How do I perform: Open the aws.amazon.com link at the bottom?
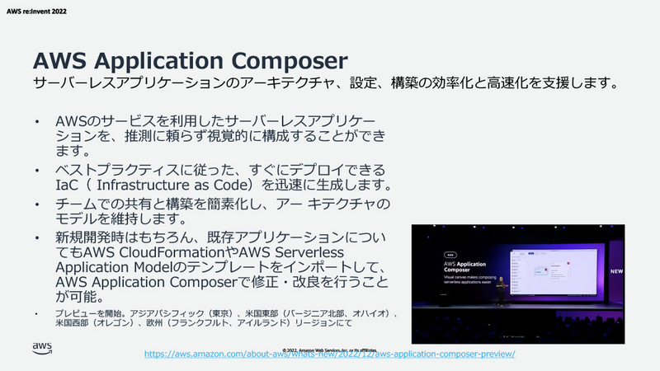coord(330,354)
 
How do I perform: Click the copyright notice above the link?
coord(329,341)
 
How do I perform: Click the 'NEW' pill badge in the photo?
coord(450,244)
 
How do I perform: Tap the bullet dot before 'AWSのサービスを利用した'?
coord(35,122)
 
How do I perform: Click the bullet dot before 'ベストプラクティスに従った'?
coord(35,169)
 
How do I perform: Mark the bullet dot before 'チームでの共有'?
coord(35,204)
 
